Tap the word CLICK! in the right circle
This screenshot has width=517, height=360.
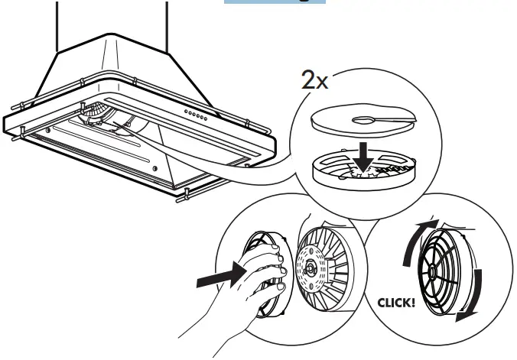click(398, 303)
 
